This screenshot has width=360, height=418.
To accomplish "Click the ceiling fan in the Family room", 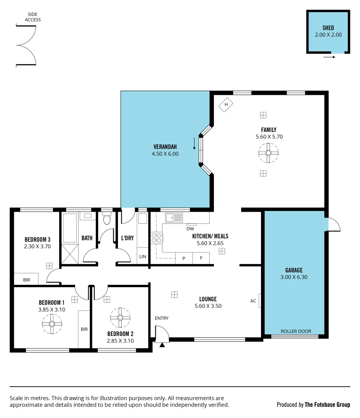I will point(268,152).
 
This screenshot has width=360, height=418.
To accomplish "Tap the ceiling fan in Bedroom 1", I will point(52,324).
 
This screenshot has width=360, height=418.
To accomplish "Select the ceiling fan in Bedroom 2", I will point(120,318).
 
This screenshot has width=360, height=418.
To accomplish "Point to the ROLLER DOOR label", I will point(296,331).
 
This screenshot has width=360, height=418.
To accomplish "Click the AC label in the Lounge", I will point(253,301).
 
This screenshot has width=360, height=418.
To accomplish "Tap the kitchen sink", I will point(174,218).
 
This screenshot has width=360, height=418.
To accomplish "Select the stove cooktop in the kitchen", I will point(156,238).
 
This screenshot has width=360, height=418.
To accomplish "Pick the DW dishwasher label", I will point(190,229).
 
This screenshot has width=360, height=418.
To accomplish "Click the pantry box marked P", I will point(184,258).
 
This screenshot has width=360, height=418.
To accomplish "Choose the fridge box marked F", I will point(201,258).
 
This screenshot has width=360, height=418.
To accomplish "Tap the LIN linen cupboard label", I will point(143,257).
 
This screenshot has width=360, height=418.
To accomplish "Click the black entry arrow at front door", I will point(162,344).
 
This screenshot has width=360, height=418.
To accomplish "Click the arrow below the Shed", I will point(329,57).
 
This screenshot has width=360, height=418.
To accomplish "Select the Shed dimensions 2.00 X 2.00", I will point(328,34).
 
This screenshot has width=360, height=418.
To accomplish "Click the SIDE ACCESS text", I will point(32,17).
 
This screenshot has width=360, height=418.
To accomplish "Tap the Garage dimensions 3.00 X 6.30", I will point(294,277).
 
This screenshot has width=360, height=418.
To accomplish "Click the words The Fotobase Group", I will point(327,404).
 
